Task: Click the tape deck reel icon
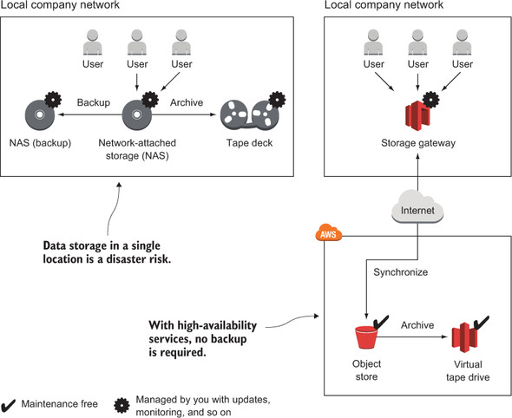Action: pos(249,115)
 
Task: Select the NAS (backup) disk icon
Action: pos(40,114)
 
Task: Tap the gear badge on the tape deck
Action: pos(277,100)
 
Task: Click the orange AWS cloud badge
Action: pos(329,232)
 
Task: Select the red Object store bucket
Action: pos(366,337)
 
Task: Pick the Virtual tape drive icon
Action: pos(465,337)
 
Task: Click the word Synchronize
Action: pos(401,272)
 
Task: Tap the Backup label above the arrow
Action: pos(94,102)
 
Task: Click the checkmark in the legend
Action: pos(8,405)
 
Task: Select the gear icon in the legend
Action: pos(121,405)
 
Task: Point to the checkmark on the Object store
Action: pos(380,322)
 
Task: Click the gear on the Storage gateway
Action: pos(430,100)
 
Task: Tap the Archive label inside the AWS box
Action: pos(417,325)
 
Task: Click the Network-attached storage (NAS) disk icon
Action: pos(137,114)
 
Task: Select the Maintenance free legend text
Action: pos(60,404)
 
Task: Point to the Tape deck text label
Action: pos(249,143)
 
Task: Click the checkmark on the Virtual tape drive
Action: pos(482,323)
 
